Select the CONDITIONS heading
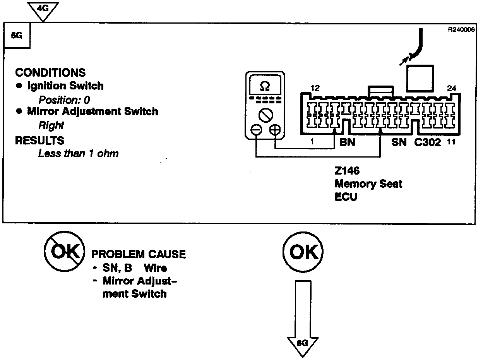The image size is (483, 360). click(x=50, y=72)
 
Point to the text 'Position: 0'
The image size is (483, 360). click(x=64, y=100)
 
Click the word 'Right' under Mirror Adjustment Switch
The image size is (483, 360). click(x=51, y=125)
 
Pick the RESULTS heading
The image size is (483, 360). click(x=39, y=140)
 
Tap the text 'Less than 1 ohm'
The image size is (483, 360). click(x=78, y=154)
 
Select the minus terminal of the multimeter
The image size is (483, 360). click(x=256, y=130)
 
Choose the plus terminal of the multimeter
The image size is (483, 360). click(x=275, y=130)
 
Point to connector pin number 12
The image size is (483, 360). click(x=315, y=88)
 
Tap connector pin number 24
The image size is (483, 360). click(x=451, y=88)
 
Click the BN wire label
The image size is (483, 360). click(x=347, y=142)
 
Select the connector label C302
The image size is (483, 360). click(x=428, y=142)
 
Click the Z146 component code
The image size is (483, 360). click(x=348, y=171)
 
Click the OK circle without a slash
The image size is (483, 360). click(x=303, y=252)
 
